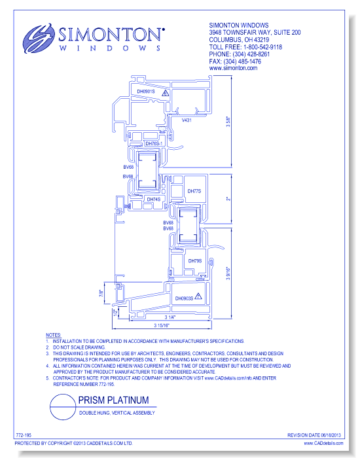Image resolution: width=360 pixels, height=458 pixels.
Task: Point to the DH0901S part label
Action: pyautogui.click(x=145, y=92)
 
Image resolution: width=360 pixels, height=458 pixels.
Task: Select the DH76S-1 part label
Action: pyautogui.click(x=153, y=143)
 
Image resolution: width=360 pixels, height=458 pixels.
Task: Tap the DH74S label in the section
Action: pyautogui.click(x=153, y=199)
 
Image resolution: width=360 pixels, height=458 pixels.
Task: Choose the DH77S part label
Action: pyautogui.click(x=194, y=192)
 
